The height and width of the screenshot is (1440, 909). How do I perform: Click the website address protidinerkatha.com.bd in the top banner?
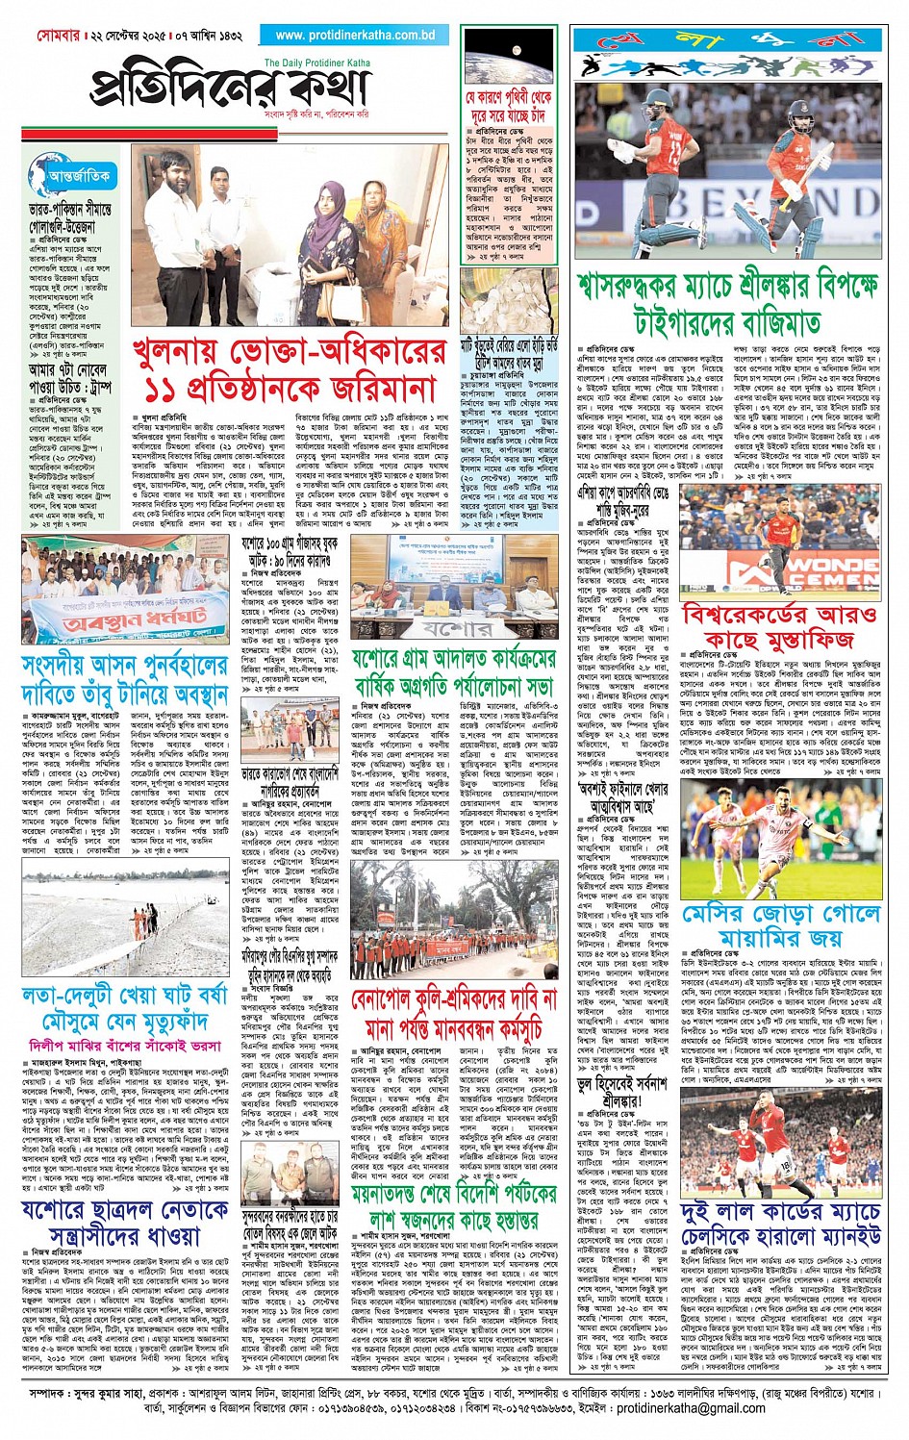[x=355, y=35]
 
